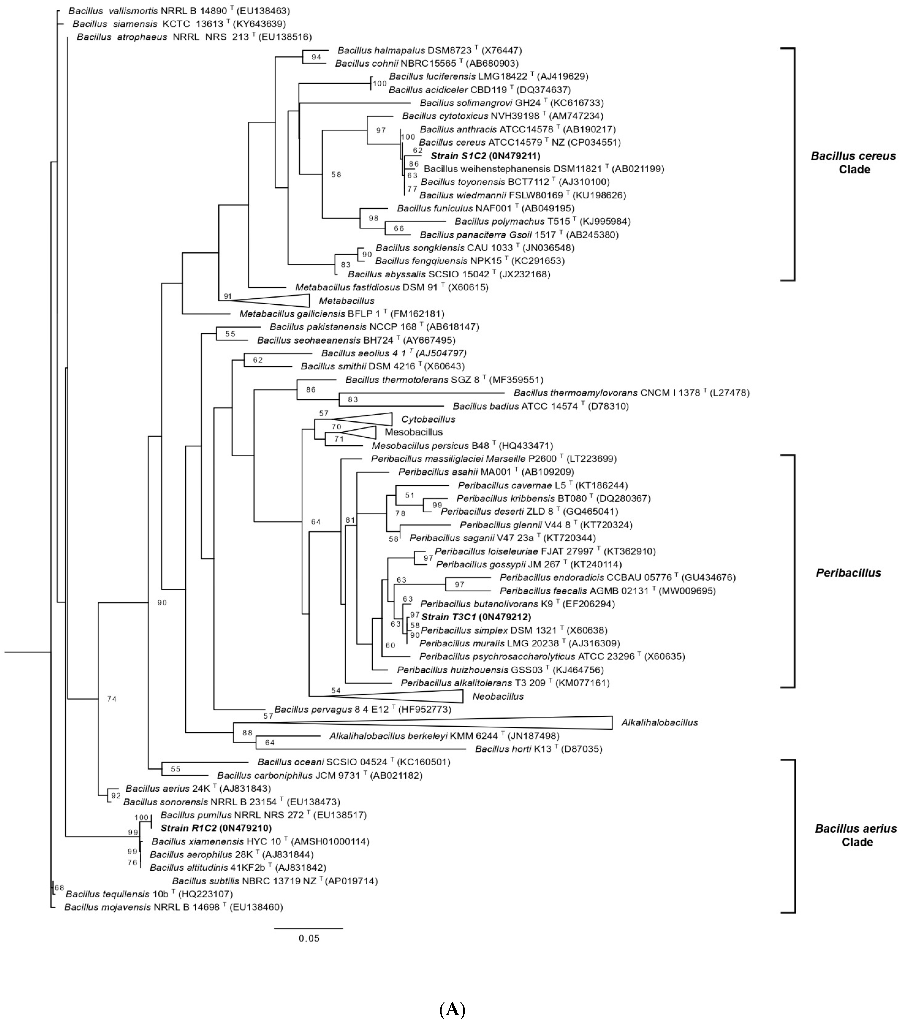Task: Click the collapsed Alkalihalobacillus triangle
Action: pos(501,722)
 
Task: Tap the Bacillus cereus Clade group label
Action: pos(853,162)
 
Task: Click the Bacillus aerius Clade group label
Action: pos(855,835)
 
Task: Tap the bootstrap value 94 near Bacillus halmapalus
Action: pos(316,57)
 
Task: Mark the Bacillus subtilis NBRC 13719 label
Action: pos(251,881)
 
